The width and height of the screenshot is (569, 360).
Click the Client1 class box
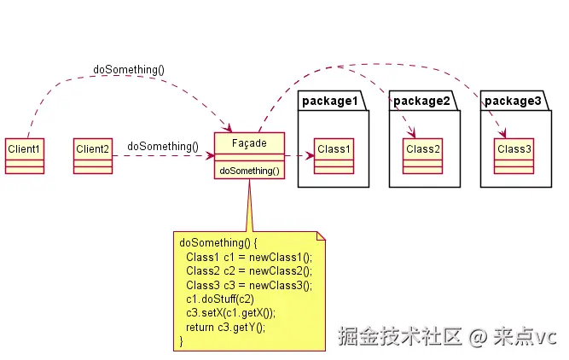(x=25, y=156)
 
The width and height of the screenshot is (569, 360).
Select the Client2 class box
(x=93, y=156)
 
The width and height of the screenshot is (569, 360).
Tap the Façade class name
(x=249, y=143)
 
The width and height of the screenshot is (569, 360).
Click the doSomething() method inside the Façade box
(x=249, y=171)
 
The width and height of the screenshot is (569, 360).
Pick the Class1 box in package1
(x=334, y=156)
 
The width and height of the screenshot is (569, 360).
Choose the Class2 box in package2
(x=423, y=156)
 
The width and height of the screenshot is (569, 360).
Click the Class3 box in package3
(x=514, y=156)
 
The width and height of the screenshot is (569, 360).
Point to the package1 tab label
(x=330, y=101)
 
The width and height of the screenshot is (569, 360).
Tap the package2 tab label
(x=421, y=101)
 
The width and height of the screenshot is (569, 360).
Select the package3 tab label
(x=513, y=101)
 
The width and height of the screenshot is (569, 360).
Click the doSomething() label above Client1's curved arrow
(x=129, y=69)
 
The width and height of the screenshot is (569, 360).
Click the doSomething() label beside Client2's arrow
(x=163, y=146)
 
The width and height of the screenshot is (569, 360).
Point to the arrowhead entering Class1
(x=311, y=156)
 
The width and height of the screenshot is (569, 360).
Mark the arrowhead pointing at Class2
(x=411, y=133)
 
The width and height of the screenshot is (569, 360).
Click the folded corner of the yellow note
(x=321, y=236)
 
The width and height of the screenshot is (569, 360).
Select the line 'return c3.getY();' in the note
(x=226, y=328)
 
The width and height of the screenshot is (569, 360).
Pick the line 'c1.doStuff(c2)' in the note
(x=220, y=299)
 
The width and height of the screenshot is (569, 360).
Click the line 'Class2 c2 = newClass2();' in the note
(x=249, y=271)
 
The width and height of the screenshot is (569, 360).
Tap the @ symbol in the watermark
(x=478, y=337)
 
